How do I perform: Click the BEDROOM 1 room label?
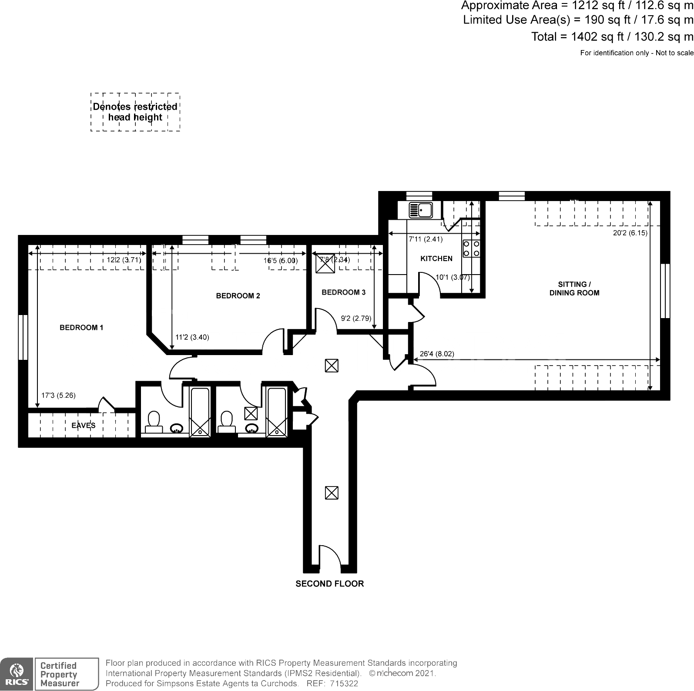(x=81, y=328)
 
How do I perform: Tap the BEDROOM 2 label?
(x=238, y=296)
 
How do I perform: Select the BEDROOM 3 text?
(x=343, y=292)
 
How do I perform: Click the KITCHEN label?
(x=436, y=258)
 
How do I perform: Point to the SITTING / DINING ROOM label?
(x=574, y=288)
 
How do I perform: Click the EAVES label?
(x=83, y=426)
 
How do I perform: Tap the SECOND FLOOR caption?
(x=329, y=584)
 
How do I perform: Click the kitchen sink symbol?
(x=420, y=210)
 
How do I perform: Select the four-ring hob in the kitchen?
(x=472, y=248)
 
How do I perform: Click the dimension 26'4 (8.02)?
(x=437, y=354)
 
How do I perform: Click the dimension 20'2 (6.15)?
(x=630, y=233)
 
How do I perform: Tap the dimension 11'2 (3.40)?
(x=192, y=337)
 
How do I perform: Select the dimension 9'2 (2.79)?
(x=356, y=319)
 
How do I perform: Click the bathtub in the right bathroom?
(x=277, y=411)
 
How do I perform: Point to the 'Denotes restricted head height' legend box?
(x=135, y=112)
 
